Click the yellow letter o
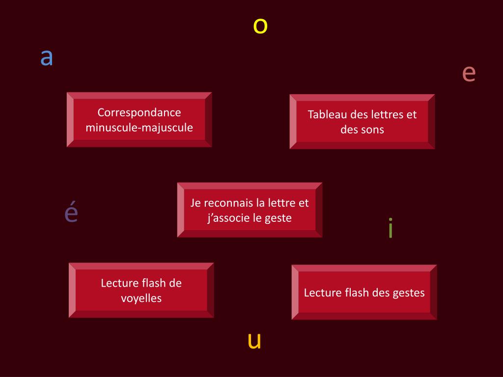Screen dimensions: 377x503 260,26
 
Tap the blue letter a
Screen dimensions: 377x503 47,58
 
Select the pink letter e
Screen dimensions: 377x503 469,74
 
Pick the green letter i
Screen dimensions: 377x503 391,229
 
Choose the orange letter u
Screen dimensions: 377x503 254,341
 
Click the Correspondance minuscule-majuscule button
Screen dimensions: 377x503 140,120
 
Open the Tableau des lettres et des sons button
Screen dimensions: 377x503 362,122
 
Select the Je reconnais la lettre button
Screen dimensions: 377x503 250,210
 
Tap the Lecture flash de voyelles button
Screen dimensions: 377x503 141,290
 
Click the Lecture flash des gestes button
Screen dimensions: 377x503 364,293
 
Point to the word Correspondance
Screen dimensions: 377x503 140,112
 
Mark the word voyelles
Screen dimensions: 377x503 141,298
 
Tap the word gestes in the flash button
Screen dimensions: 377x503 409,293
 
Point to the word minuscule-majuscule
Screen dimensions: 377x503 140,128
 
